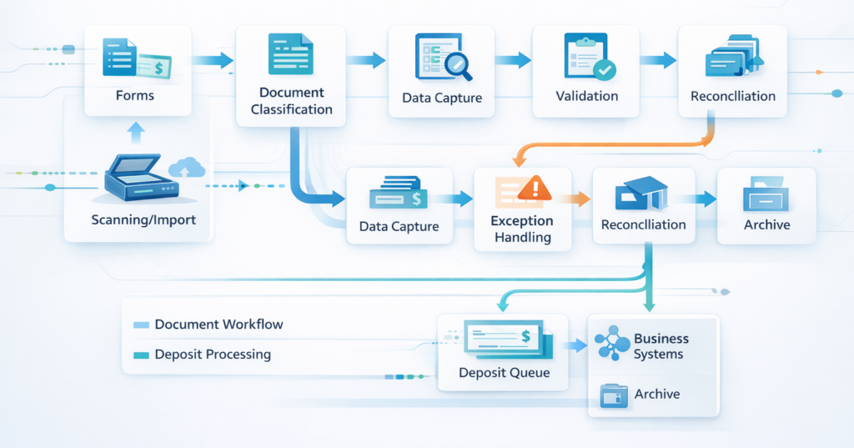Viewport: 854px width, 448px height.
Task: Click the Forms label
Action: (x=135, y=95)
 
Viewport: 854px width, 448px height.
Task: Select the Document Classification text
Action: (x=291, y=101)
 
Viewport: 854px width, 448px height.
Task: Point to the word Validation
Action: (x=587, y=96)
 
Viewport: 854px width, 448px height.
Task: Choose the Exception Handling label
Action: (x=522, y=229)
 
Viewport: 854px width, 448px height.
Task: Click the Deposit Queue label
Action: (x=505, y=373)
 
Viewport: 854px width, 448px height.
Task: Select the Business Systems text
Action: (x=661, y=346)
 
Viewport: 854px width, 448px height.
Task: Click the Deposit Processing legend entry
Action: (x=213, y=355)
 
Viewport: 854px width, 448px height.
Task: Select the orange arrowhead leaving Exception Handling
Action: (x=581, y=199)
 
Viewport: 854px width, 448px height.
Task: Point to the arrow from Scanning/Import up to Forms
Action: (x=136, y=132)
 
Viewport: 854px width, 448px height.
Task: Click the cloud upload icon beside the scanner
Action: (x=186, y=169)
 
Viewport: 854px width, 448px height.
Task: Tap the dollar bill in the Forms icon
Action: (x=155, y=66)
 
